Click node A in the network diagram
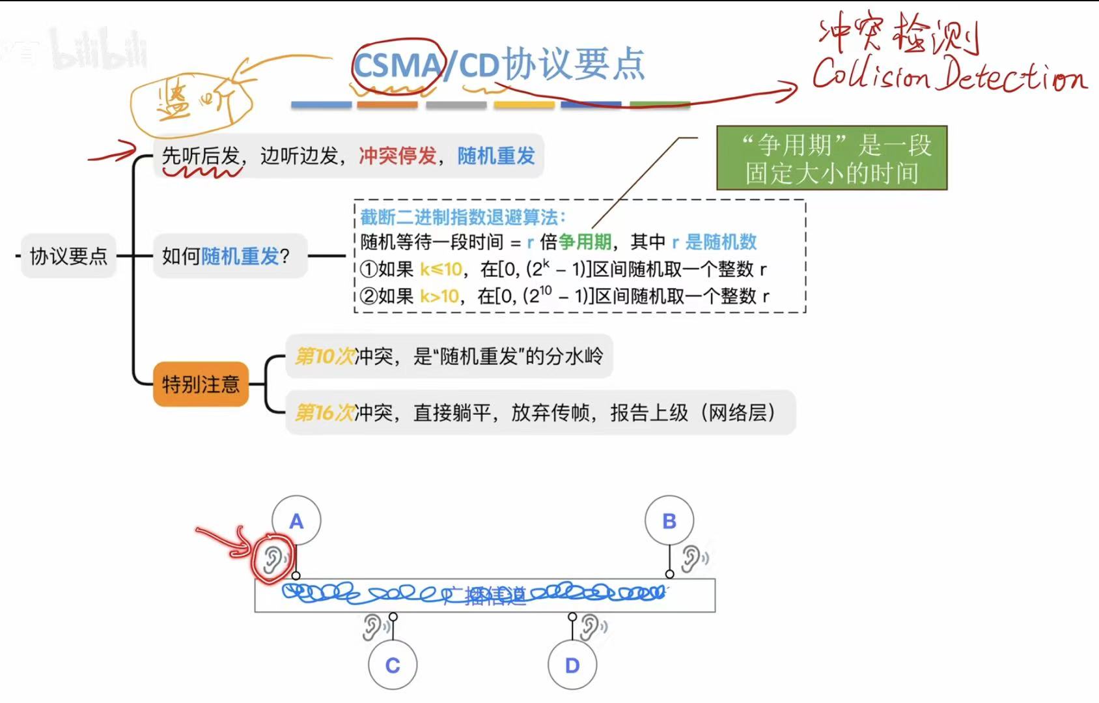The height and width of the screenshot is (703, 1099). (296, 521)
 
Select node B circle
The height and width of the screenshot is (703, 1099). (669, 521)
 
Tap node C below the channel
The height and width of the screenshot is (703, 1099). (393, 665)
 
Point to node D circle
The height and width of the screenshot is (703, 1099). (572, 665)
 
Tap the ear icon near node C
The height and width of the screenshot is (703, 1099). (373, 627)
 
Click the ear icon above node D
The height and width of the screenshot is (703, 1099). (591, 627)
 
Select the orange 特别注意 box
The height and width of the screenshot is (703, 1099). (201, 384)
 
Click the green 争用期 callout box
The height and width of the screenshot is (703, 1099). (831, 158)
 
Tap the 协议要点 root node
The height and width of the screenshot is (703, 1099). (68, 256)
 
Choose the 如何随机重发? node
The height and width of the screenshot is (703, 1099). (225, 256)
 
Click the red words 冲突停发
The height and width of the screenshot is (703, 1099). (398, 156)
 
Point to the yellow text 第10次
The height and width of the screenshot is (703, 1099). (324, 356)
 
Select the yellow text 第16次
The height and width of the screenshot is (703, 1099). (324, 412)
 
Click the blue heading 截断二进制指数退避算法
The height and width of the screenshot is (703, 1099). (463, 217)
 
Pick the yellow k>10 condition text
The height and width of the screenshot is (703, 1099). (439, 296)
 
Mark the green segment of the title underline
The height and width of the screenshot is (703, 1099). (660, 104)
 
